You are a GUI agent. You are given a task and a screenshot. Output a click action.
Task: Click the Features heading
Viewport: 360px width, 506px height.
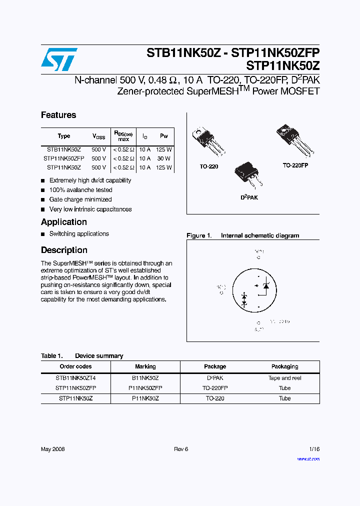click(58, 115)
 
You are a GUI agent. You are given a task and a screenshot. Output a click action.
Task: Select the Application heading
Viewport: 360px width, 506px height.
click(64, 222)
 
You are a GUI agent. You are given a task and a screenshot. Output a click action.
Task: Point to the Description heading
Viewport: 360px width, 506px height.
click(64, 250)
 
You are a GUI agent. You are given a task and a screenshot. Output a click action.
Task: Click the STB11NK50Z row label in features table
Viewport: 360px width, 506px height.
click(63, 149)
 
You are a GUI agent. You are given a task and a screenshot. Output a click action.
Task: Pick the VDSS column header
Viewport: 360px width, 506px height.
click(99, 136)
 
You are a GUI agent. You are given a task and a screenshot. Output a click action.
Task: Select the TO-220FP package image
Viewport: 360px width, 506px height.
click(294, 139)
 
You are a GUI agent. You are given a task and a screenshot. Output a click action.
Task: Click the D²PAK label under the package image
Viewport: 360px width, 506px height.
click(249, 197)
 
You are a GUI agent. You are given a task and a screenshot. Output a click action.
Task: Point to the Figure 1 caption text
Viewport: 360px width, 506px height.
click(243, 235)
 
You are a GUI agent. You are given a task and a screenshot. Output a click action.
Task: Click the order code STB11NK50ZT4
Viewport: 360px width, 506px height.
click(75, 378)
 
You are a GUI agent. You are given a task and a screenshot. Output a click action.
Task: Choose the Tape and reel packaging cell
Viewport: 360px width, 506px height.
click(284, 378)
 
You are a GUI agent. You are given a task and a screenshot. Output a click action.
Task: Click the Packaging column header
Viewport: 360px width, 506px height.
click(284, 366)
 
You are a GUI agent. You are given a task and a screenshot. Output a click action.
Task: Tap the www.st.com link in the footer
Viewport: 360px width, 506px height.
click(308, 458)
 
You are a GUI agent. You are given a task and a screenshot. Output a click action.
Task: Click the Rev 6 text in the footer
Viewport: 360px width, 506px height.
click(181, 449)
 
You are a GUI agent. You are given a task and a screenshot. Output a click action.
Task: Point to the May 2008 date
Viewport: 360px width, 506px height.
click(53, 449)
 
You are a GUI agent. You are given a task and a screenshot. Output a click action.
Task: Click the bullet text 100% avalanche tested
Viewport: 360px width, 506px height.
click(80, 190)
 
